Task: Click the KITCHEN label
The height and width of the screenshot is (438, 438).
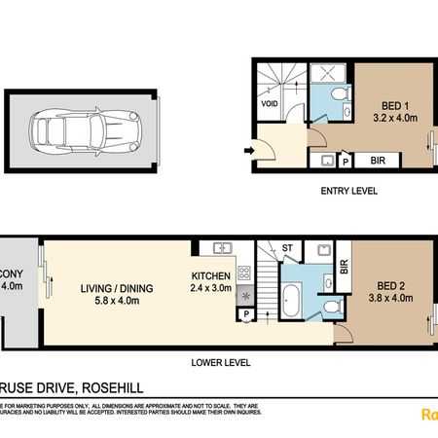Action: pyautogui.click(x=210, y=275)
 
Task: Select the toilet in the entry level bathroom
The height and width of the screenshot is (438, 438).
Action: pyautogui.click(x=338, y=93)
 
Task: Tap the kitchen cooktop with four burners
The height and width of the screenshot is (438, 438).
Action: pyautogui.click(x=243, y=274)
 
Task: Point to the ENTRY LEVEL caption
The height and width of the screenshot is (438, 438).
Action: pyautogui.click(x=349, y=191)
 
